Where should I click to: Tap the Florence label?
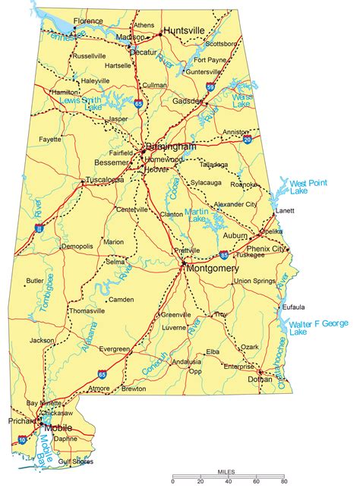89,21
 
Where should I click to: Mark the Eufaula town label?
293,307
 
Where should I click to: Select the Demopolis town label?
77,247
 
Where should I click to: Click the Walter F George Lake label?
317,327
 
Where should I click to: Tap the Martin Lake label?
197,215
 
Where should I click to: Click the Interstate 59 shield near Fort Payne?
209,88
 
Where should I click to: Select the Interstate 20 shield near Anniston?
248,139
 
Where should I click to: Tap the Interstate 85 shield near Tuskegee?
223,255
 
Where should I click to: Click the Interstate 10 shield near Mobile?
22,439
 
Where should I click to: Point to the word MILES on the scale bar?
227,472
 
